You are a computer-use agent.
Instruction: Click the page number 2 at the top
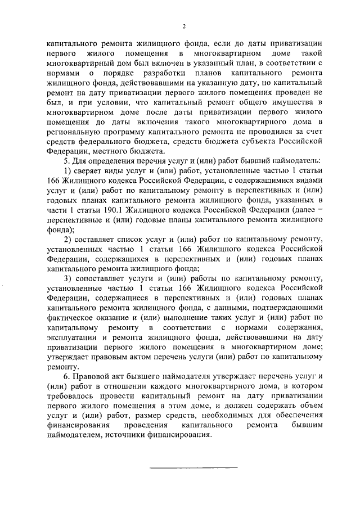tap(183, 26)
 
